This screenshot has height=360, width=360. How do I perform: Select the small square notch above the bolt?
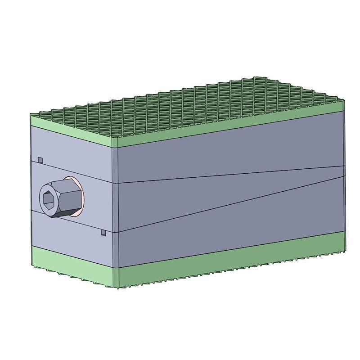[x=40, y=160]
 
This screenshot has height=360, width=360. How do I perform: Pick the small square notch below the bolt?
[x=103, y=233]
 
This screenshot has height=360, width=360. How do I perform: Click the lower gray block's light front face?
[x=67, y=234]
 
